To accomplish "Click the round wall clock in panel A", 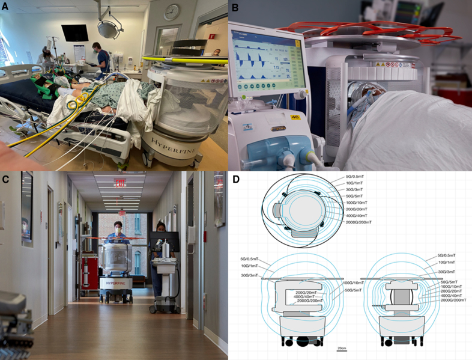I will point(172,12).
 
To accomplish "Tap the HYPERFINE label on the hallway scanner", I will point(114,281).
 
